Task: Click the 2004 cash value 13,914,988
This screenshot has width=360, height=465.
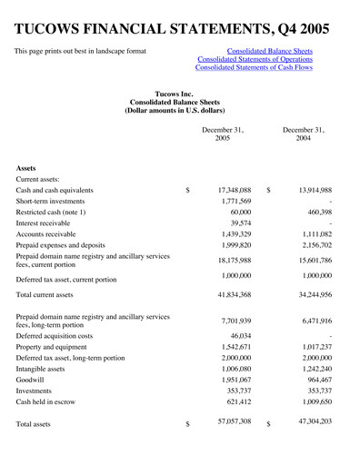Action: point(307,190)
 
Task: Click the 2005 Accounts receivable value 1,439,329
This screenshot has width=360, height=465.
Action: point(231,233)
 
